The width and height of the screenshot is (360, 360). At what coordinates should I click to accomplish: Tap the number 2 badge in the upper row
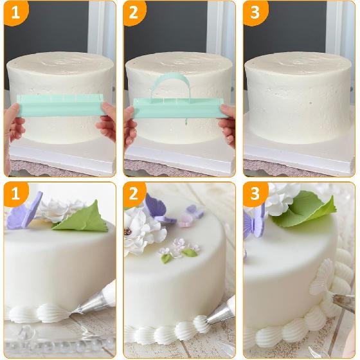[134, 12]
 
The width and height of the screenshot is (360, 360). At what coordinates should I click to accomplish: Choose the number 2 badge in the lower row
[134, 194]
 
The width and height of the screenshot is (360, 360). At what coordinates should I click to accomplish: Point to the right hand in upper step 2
[228, 124]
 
